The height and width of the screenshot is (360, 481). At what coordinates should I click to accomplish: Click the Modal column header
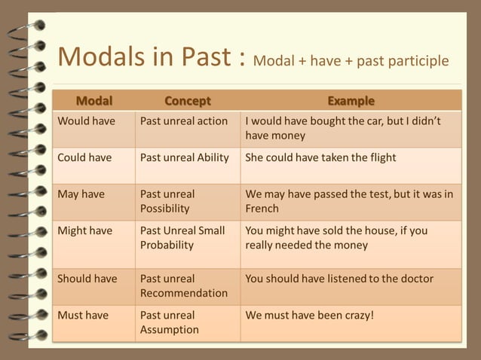[93, 101]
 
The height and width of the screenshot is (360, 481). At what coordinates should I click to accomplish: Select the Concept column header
[188, 101]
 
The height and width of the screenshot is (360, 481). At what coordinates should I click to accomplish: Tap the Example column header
[351, 101]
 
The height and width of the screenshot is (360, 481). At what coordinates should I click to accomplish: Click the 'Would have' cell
[86, 121]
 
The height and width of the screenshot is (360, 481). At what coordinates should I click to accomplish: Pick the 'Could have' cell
[84, 157]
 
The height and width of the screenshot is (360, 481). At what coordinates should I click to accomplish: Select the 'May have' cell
[81, 194]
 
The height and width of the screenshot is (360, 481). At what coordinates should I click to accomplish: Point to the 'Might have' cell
[85, 230]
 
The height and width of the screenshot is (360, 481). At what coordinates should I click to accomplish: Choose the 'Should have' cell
[87, 279]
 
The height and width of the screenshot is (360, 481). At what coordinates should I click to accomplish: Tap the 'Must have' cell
[83, 315]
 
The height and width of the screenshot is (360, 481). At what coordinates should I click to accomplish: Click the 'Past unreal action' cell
[184, 121]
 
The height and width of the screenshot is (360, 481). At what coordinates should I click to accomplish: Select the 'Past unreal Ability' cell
[185, 157]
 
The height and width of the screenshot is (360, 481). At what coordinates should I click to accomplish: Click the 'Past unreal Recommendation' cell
[184, 285]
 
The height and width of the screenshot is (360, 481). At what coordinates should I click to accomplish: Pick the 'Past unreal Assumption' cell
[170, 322]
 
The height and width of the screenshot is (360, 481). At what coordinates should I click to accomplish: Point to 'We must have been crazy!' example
[309, 315]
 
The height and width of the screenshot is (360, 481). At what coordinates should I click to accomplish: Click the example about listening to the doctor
[339, 279]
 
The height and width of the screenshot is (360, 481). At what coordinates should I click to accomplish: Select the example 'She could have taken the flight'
[320, 157]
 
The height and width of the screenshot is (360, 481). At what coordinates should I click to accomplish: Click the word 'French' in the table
[262, 209]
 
